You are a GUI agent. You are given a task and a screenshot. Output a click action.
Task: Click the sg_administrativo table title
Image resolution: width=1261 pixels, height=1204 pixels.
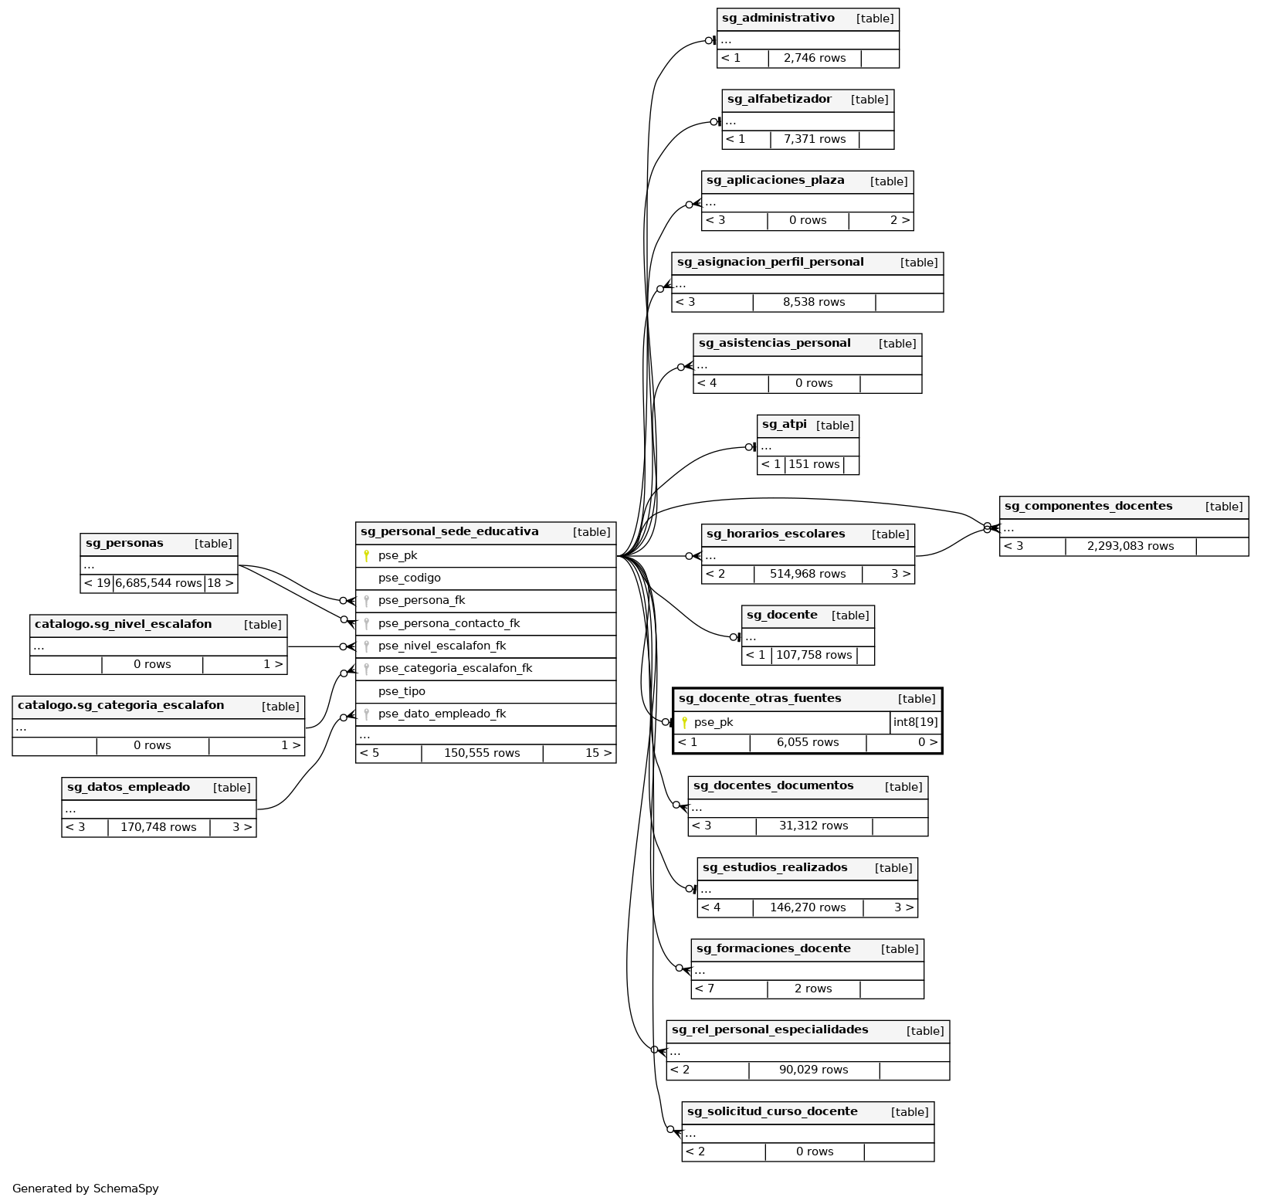tap(778, 19)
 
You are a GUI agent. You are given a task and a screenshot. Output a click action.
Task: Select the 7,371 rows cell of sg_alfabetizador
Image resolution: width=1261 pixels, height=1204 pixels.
tap(815, 140)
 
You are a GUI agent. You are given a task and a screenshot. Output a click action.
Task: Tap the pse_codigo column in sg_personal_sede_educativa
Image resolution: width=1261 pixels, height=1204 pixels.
tap(409, 578)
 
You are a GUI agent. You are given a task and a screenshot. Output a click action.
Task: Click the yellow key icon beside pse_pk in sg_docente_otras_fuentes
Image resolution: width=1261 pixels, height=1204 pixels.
tap(684, 723)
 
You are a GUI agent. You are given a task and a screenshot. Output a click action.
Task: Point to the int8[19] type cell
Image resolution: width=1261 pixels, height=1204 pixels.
tap(915, 723)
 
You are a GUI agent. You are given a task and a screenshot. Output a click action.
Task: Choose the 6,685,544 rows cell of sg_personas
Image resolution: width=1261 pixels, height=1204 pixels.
tap(158, 584)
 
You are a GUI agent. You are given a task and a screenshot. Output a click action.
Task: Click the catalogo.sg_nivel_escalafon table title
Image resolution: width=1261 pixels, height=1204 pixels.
tap(123, 625)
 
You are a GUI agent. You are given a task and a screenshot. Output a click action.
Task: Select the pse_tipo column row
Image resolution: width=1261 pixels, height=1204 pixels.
tap(402, 692)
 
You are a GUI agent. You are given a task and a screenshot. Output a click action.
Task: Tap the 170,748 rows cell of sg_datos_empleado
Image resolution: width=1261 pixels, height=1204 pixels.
tap(158, 828)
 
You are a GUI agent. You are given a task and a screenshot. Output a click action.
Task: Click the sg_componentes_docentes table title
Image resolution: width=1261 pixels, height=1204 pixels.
tap(1088, 507)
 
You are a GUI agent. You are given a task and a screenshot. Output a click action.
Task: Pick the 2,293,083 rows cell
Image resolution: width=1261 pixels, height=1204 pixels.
tap(1130, 547)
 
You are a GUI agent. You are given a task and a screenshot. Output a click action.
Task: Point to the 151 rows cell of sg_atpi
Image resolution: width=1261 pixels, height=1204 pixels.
tap(814, 465)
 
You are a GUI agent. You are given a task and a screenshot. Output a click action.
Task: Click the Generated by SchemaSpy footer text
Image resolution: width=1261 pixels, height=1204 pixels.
tap(86, 1189)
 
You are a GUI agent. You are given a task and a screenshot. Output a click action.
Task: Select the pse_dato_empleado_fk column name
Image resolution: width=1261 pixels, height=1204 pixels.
tap(442, 714)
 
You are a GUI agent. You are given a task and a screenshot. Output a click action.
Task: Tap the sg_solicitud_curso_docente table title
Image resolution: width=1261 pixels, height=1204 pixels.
tap(772, 1112)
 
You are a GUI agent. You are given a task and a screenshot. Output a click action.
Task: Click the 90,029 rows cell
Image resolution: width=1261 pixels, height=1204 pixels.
tap(813, 1070)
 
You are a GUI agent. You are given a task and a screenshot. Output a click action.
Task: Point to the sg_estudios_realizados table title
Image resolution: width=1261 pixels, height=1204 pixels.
tap(775, 868)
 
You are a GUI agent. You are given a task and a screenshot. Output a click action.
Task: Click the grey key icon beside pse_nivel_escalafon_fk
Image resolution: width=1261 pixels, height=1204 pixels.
tap(367, 646)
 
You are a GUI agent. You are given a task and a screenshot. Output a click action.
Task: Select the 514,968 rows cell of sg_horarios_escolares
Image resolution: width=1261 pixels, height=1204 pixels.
tap(808, 575)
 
